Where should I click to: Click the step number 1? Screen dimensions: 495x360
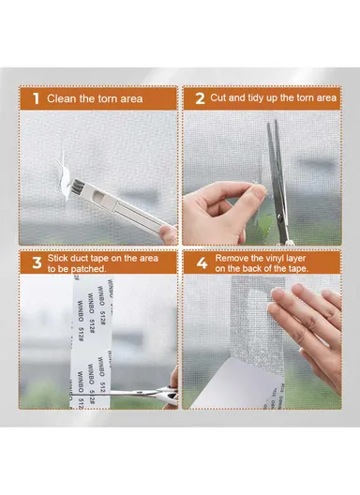pyautogui.click(x=35, y=97)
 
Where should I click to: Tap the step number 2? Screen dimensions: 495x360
pyautogui.click(x=199, y=97)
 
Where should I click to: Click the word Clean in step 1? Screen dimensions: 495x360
pyautogui.click(x=63, y=97)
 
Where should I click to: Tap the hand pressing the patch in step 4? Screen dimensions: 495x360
pyautogui.click(x=309, y=319)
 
